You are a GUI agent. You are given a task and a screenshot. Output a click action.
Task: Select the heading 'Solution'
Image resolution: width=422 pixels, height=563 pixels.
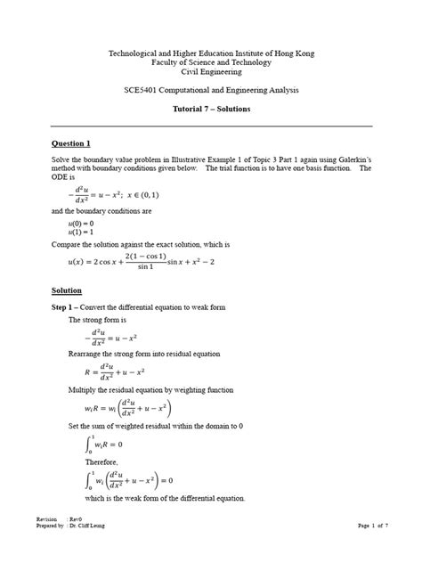[x=68, y=290]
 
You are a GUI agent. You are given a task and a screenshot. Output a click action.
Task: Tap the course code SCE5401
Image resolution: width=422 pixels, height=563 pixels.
[x=145, y=92]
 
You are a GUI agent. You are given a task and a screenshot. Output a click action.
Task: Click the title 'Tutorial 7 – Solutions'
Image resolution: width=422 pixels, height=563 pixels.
[x=210, y=109]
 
